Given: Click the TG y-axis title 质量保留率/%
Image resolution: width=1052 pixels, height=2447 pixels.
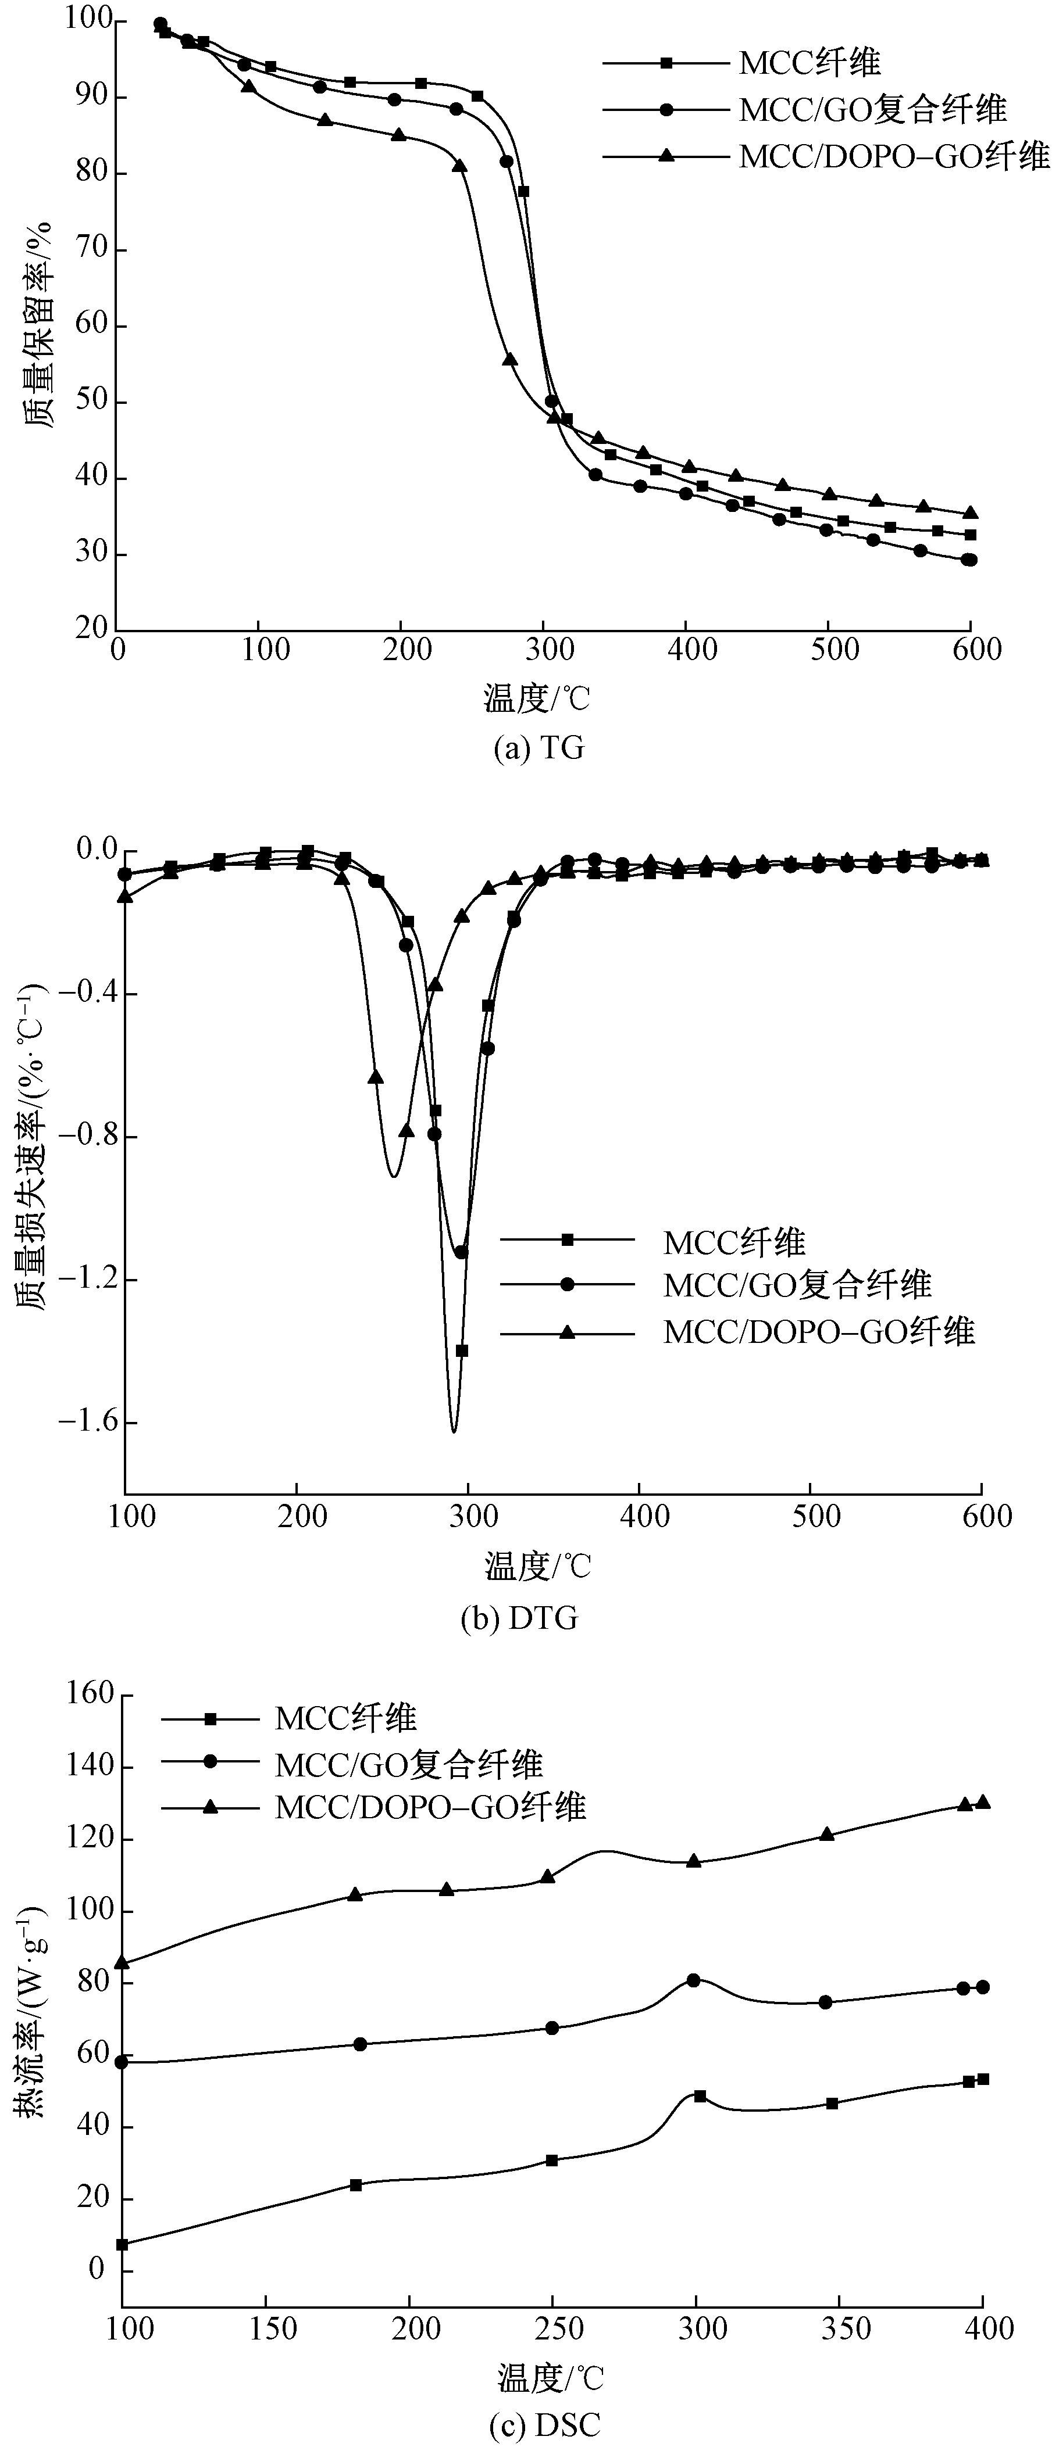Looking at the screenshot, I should [37, 323].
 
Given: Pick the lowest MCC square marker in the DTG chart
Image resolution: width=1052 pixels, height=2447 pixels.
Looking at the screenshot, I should [462, 1350].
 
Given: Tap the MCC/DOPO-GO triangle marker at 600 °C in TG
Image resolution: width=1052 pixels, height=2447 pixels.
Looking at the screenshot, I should [970, 513].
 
